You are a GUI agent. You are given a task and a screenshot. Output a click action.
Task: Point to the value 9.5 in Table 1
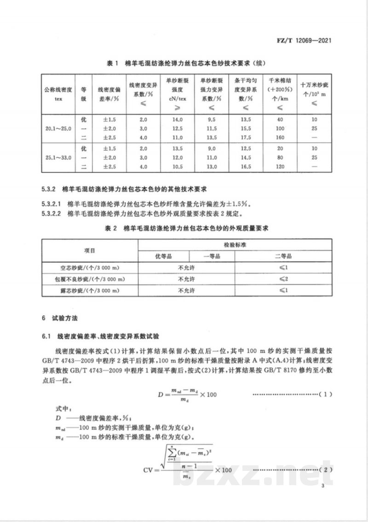click(212, 119)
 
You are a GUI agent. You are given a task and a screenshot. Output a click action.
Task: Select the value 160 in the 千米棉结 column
click(281, 137)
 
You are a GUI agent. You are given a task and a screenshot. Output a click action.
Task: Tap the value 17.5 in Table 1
click(246, 137)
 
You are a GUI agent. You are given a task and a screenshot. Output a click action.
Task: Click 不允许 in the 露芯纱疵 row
click(186, 291)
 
